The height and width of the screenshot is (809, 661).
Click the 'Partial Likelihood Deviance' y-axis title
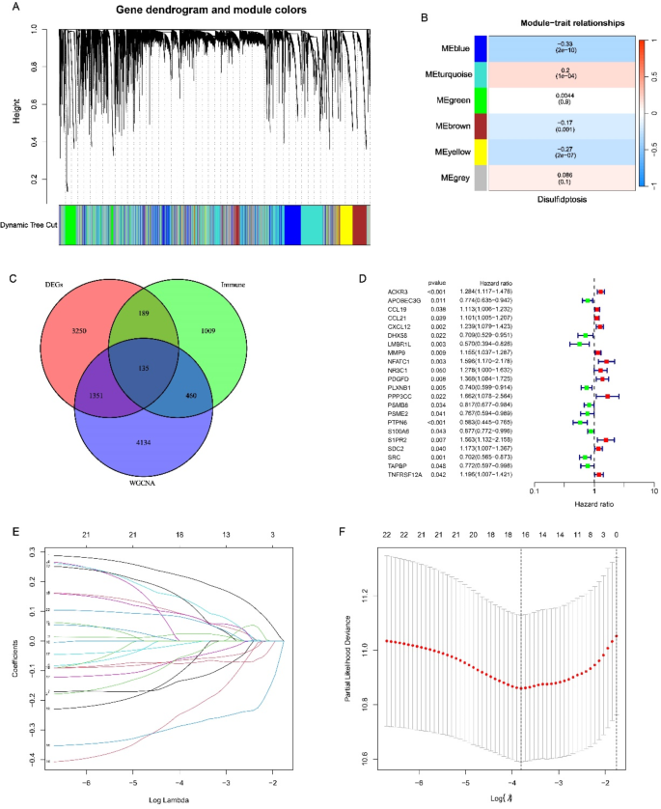pos(358,661)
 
